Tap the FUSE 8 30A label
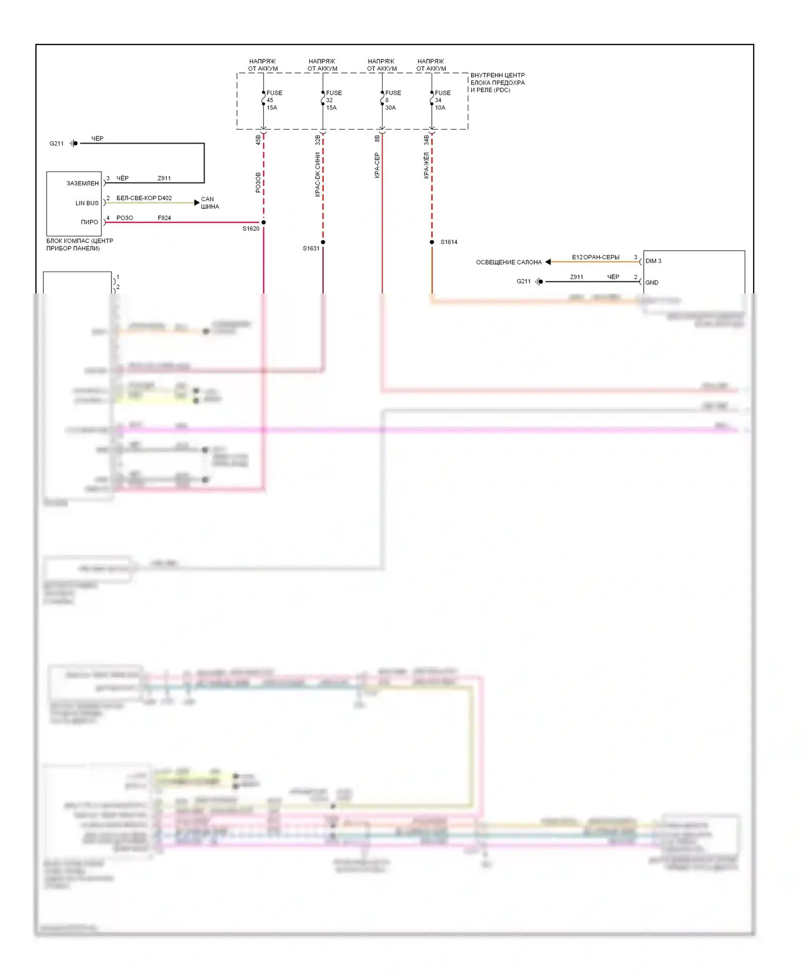[x=392, y=100]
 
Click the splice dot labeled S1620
[x=263, y=222]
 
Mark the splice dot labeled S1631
[x=323, y=242]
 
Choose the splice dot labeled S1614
[x=432, y=242]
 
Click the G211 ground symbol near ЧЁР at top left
[x=73, y=144]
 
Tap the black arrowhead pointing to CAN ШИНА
[x=197, y=202]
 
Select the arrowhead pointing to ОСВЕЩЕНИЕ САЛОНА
[x=548, y=262]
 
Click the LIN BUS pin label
[x=87, y=204]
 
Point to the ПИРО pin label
[x=90, y=222]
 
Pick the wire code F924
[x=164, y=218]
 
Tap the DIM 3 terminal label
[x=653, y=261]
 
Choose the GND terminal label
[x=652, y=283]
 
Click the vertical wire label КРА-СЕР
[x=377, y=165]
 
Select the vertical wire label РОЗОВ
[x=258, y=182]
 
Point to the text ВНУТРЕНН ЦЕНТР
[x=497, y=76]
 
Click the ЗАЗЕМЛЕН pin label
[x=83, y=184]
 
